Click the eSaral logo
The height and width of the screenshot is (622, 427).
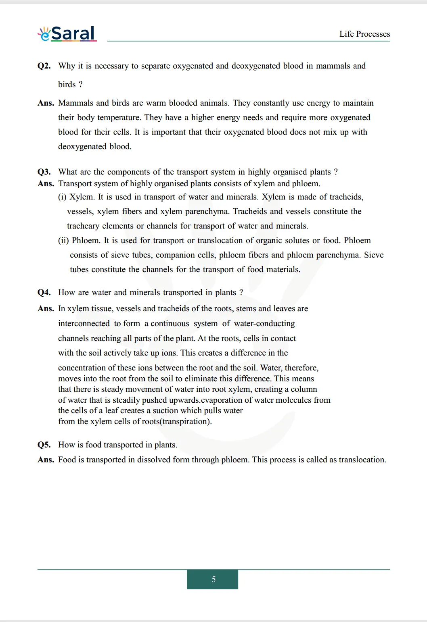point(67,33)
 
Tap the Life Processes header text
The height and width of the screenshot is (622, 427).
point(364,34)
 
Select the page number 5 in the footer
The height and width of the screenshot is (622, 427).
point(213,579)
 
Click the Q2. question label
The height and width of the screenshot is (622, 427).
point(44,66)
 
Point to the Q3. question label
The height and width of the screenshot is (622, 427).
point(44,172)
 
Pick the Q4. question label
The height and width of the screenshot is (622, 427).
point(44,293)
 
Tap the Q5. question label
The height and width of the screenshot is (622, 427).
point(44,445)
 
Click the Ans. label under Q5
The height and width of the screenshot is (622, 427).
point(46,460)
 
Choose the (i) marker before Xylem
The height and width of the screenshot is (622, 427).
point(62,197)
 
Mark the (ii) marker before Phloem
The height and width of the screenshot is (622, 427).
point(63,241)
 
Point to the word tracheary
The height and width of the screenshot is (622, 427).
point(83,226)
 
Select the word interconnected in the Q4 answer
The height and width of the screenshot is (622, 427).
point(84,324)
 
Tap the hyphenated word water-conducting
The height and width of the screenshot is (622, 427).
point(264,324)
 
